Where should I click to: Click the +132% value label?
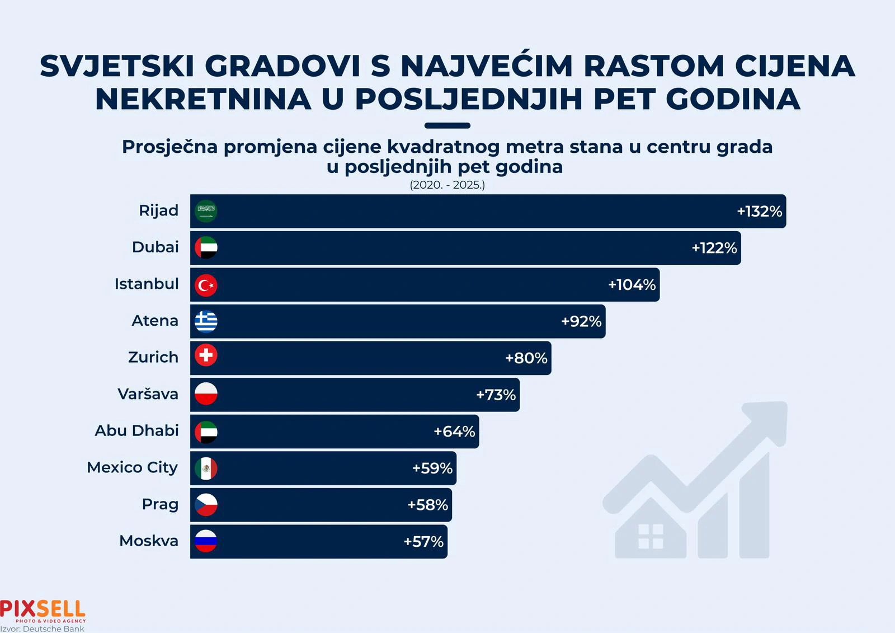point(759,212)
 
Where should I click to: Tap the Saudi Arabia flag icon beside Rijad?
point(206,211)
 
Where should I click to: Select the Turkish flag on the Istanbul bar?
point(206,285)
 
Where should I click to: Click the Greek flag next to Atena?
point(206,321)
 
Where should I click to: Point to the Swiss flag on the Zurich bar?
point(206,355)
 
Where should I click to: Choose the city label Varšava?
point(148,394)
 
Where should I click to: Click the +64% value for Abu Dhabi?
point(454,432)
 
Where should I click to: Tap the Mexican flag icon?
point(206,468)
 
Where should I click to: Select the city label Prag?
point(160,504)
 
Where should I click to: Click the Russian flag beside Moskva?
point(206,541)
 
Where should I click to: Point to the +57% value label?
point(423,542)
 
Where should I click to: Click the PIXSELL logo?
point(43,610)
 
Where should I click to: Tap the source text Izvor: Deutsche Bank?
point(43,629)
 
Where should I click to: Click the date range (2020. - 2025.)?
point(447,185)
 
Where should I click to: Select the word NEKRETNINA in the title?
point(203,99)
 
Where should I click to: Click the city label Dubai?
point(155,247)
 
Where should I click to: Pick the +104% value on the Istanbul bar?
point(632,285)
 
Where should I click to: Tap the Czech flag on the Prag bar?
point(206,505)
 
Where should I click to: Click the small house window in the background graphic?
point(651,536)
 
